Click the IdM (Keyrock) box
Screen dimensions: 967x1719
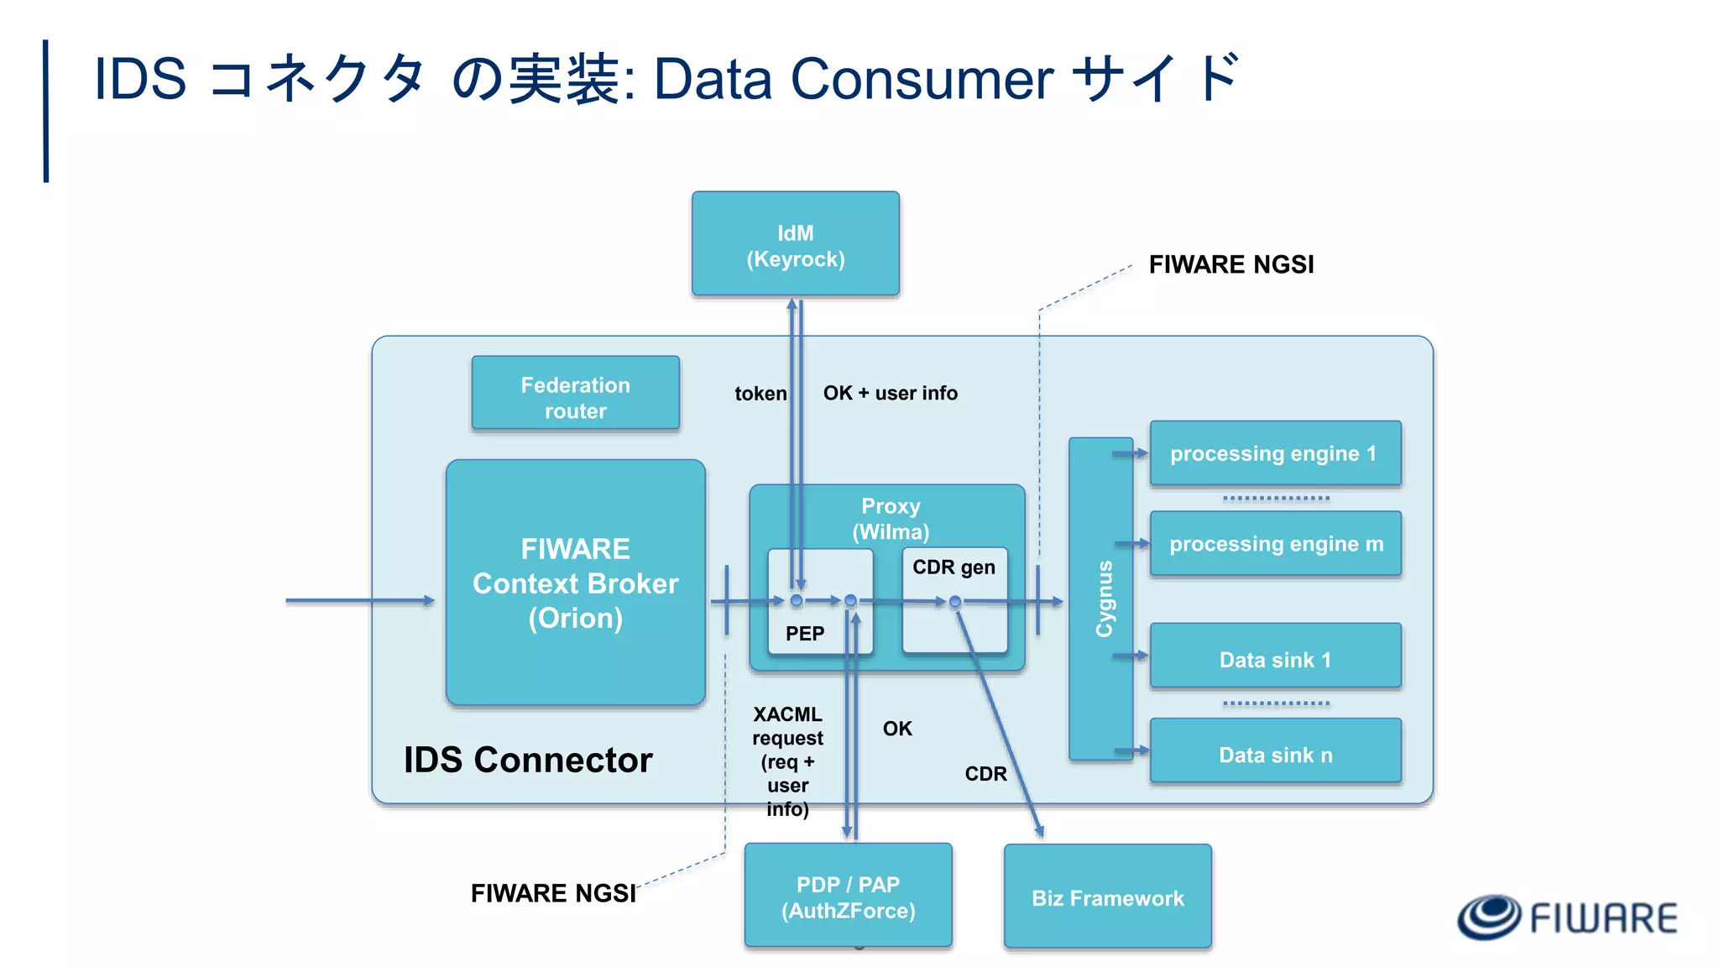coord(795,244)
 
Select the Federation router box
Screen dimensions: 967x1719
coord(575,393)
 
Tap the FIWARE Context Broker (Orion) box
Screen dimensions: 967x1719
coord(575,583)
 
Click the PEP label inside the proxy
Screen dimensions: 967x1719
coord(804,634)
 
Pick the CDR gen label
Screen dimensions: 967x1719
coord(954,567)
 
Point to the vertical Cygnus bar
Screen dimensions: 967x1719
coord(1101,598)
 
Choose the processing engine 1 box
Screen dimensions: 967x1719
coord(1274,453)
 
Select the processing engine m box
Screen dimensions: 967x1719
coord(1275,544)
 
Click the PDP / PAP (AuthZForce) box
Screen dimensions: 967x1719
coord(848,896)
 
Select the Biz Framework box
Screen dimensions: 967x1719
coord(1107,897)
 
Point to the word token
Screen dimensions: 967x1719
coord(760,394)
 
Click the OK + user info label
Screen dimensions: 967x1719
coord(890,393)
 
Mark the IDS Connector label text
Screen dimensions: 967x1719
coord(528,760)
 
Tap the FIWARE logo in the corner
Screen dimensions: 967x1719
coord(1566,917)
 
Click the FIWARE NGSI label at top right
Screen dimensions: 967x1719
coord(1230,264)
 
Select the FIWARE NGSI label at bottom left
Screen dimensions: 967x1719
coord(553,893)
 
